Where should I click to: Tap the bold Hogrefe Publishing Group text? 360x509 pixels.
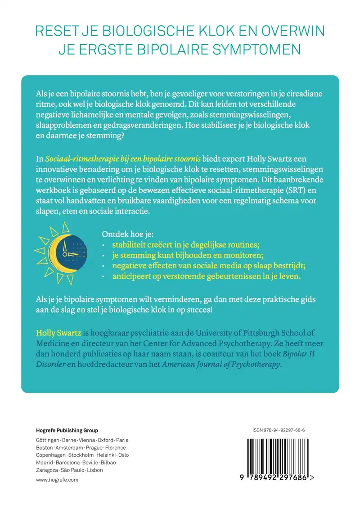[x=67, y=431]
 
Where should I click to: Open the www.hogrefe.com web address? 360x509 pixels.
[x=57, y=480]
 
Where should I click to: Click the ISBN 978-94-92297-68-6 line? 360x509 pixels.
[x=279, y=431]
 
